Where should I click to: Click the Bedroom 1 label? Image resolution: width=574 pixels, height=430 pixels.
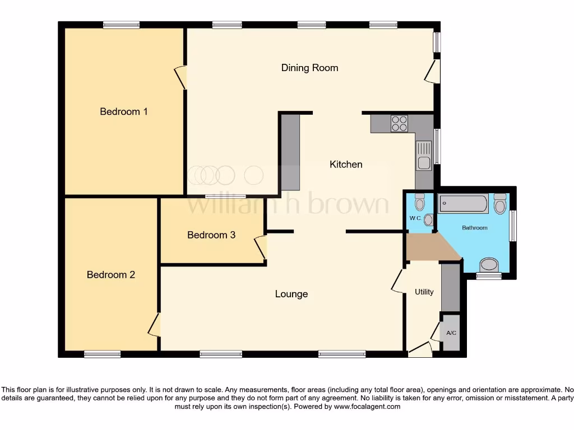pos(123,111)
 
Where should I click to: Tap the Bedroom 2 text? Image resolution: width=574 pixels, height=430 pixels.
pos(111,275)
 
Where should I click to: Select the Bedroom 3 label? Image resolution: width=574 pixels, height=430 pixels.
pos(211,235)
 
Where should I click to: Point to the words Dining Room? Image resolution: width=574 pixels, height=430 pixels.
pos(309,68)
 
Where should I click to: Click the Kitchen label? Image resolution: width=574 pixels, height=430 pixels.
pos(346,164)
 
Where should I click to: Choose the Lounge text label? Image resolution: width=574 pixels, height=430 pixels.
pos(291,294)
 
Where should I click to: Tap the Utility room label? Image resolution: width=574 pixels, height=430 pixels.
pos(424,292)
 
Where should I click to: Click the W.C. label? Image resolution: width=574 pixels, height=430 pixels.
pos(415,218)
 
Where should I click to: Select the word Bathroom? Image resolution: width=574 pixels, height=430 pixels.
pos(474,228)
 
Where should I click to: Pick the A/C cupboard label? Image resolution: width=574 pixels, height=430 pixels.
pos(451,333)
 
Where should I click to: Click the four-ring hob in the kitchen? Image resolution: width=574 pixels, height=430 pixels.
pos(399,123)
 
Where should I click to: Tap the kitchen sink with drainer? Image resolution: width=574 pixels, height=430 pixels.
pos(423,156)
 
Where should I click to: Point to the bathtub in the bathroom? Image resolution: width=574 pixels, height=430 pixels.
pos(463,203)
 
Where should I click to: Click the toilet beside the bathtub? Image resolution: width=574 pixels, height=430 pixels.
pos(500,204)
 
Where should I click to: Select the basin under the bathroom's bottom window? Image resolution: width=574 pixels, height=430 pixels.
pos(489,265)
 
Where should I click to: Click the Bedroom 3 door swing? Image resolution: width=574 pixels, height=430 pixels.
pos(260,247)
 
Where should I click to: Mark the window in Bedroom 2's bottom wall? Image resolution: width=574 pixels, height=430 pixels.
pos(102,353)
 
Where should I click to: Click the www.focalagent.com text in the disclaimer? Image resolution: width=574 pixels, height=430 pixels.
pos(367,406)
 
